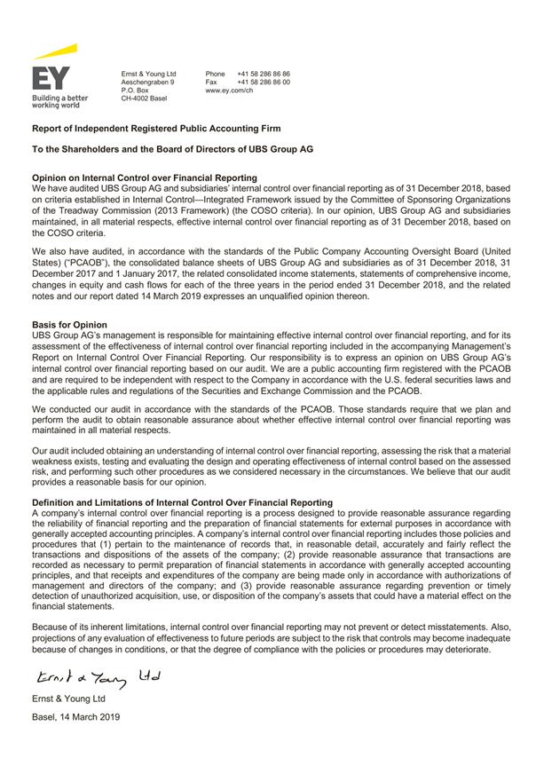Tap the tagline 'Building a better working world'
(59, 101)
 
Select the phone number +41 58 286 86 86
(264, 74)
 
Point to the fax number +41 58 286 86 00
(264, 82)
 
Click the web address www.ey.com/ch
(230, 91)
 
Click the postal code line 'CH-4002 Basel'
(145, 99)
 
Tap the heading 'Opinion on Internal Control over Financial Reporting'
(144, 178)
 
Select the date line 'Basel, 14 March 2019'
(75, 716)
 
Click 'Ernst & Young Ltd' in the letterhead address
(148, 74)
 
